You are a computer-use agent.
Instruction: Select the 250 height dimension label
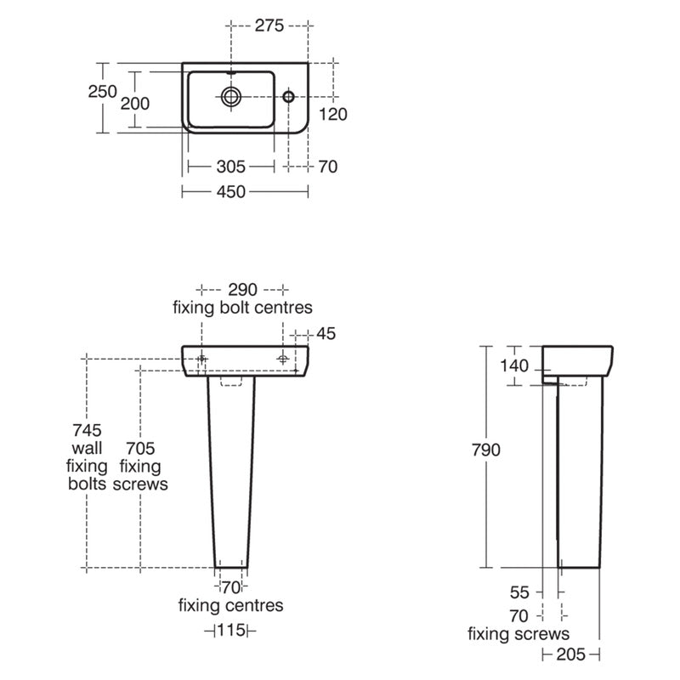click(103, 92)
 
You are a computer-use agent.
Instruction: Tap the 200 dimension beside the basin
click(135, 103)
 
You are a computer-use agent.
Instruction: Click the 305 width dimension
click(230, 167)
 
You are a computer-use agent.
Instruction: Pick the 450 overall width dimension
click(230, 192)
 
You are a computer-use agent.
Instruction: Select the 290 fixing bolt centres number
click(242, 287)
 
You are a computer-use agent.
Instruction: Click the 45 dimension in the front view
click(326, 333)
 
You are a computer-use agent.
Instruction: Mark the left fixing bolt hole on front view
click(201, 360)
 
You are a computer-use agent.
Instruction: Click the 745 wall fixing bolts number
click(87, 429)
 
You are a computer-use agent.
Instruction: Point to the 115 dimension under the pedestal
click(230, 630)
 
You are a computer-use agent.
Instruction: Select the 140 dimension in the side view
click(515, 366)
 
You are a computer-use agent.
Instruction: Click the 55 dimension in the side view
click(520, 592)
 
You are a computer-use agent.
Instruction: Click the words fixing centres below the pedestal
click(230, 606)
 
